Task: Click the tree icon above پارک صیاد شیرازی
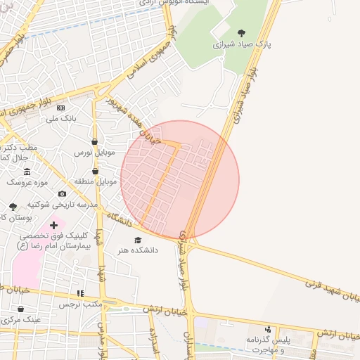[242, 33]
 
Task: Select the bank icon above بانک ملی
[60, 108]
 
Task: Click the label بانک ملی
[60, 119]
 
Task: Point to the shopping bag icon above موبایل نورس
[94, 141]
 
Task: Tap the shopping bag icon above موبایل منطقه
[94, 171]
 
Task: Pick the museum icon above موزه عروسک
[27, 172]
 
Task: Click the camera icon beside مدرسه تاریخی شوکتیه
[62, 193]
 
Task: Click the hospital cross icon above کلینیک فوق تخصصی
[53, 225]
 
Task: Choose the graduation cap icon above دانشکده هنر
[138, 240]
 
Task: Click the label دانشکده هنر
[138, 250]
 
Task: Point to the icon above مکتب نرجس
[80, 294]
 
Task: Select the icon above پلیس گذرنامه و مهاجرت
[267, 329]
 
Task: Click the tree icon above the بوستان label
[13, 207]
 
